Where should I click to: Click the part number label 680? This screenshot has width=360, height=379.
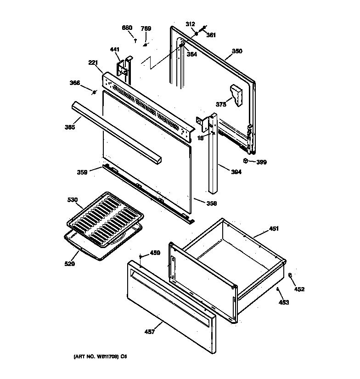[127, 28]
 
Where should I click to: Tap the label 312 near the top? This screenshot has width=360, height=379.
[190, 24]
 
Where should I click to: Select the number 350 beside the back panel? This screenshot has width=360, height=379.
[237, 51]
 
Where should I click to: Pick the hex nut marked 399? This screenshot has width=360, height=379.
[246, 161]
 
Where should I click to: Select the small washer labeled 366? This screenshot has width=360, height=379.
[94, 93]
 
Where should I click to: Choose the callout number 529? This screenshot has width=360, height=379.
[70, 264]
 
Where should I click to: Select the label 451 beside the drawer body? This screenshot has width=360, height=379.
[274, 228]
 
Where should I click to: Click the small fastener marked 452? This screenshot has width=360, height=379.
[290, 275]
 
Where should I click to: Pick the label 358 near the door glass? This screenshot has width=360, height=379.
[211, 203]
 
